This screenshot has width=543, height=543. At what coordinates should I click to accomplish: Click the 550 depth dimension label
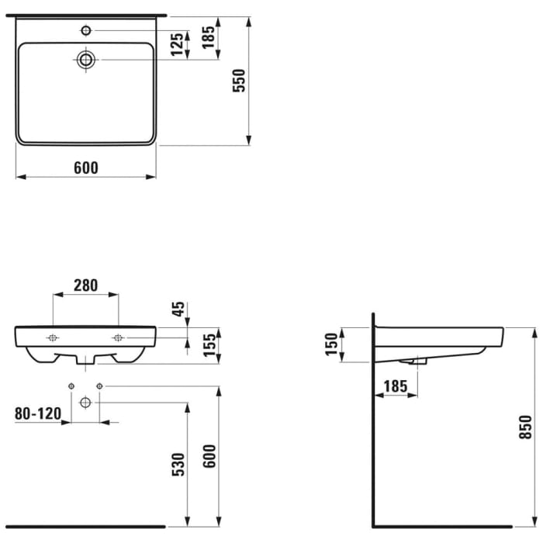(x=240, y=81)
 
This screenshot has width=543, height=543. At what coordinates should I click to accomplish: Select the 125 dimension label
(x=178, y=45)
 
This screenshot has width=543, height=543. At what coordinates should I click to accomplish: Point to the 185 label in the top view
(x=209, y=37)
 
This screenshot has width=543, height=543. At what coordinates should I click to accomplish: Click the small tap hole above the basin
(x=86, y=31)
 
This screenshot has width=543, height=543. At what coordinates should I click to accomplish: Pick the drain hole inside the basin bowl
(x=86, y=59)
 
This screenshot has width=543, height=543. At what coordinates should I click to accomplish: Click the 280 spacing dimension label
(x=85, y=285)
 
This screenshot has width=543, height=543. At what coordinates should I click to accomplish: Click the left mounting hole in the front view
(x=53, y=337)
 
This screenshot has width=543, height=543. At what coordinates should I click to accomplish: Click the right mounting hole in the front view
(x=118, y=337)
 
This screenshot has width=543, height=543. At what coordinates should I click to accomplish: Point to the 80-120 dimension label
(x=37, y=413)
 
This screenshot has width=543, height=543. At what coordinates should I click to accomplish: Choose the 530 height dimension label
(x=178, y=463)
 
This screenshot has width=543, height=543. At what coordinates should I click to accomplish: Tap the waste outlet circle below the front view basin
(x=85, y=402)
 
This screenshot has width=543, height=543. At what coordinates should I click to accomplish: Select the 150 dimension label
(x=330, y=344)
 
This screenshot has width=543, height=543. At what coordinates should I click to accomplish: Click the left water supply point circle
(x=71, y=386)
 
